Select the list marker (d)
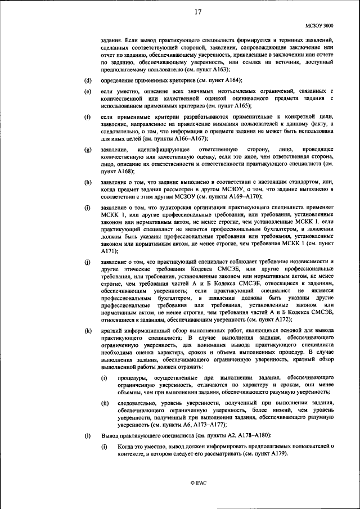(x=88, y=80)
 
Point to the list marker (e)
(x=88, y=91)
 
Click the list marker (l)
(x=88, y=435)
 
